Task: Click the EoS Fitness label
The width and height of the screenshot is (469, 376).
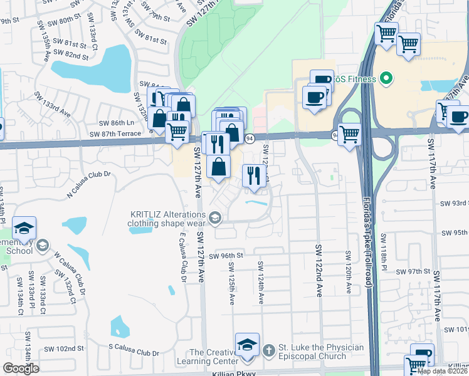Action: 354,79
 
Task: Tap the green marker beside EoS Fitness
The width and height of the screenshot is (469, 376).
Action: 386,79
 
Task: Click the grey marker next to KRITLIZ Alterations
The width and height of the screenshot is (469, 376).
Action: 215,217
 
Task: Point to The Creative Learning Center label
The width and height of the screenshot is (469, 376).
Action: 214,357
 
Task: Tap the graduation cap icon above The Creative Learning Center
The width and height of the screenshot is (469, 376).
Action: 247,345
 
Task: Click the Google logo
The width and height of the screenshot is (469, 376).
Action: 21,368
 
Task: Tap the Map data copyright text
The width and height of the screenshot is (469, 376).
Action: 441,371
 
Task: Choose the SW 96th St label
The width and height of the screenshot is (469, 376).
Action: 226,256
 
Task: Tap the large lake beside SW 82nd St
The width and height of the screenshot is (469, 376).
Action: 94,68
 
